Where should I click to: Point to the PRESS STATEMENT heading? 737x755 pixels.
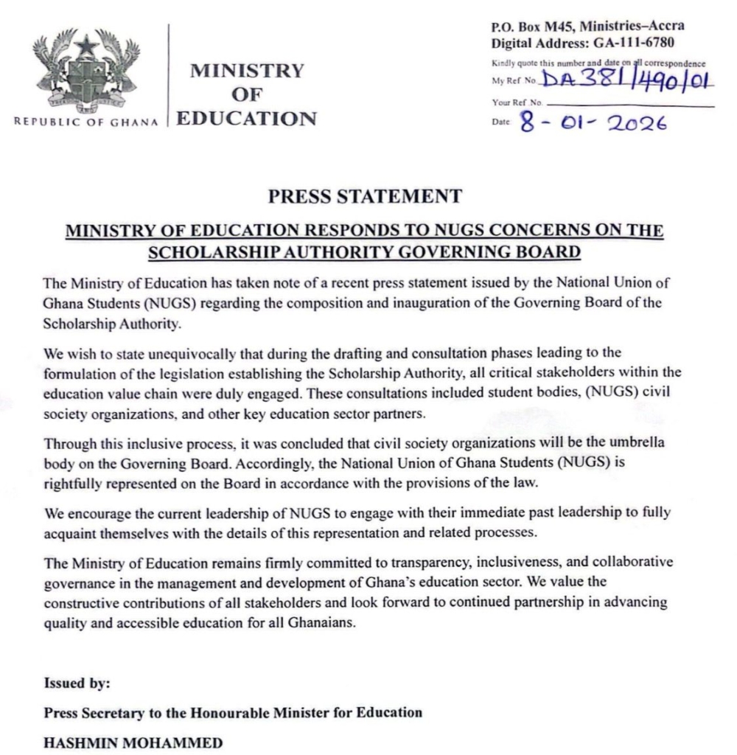tap(365, 197)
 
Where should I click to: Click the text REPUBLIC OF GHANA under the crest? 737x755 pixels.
tap(86, 122)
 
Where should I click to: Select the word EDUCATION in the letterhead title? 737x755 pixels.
tap(247, 118)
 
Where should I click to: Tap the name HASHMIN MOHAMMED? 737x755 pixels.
tap(133, 742)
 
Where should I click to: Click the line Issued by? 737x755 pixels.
tap(77, 683)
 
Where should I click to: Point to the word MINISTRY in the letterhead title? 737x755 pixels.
tap(247, 71)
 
